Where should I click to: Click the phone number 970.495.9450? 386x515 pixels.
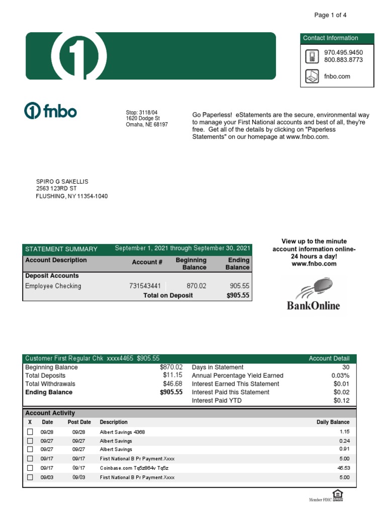pyautogui.click(x=343, y=52)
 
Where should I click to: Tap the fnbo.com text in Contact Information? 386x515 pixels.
pyautogui.click(x=337, y=76)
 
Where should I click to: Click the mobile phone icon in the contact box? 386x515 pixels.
pyautogui.click(x=312, y=56)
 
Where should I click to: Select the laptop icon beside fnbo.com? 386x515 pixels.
pyautogui.click(x=312, y=76)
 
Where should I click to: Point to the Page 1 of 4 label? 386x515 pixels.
pyautogui.click(x=330, y=15)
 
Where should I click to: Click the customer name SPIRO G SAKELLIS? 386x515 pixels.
pyautogui.click(x=62, y=182)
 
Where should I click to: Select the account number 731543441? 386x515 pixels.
pyautogui.click(x=146, y=286)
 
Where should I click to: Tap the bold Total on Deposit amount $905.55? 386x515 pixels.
pyautogui.click(x=238, y=296)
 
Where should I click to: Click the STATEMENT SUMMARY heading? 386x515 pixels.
pyautogui.click(x=61, y=249)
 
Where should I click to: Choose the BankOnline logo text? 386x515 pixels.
pyautogui.click(x=314, y=306)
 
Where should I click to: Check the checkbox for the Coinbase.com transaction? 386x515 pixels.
pyautogui.click(x=30, y=468)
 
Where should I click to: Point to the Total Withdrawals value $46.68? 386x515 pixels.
pyautogui.click(x=172, y=384)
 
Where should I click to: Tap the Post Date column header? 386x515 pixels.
pyautogui.click(x=79, y=422)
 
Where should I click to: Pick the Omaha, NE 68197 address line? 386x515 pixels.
pyautogui.click(x=147, y=125)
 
